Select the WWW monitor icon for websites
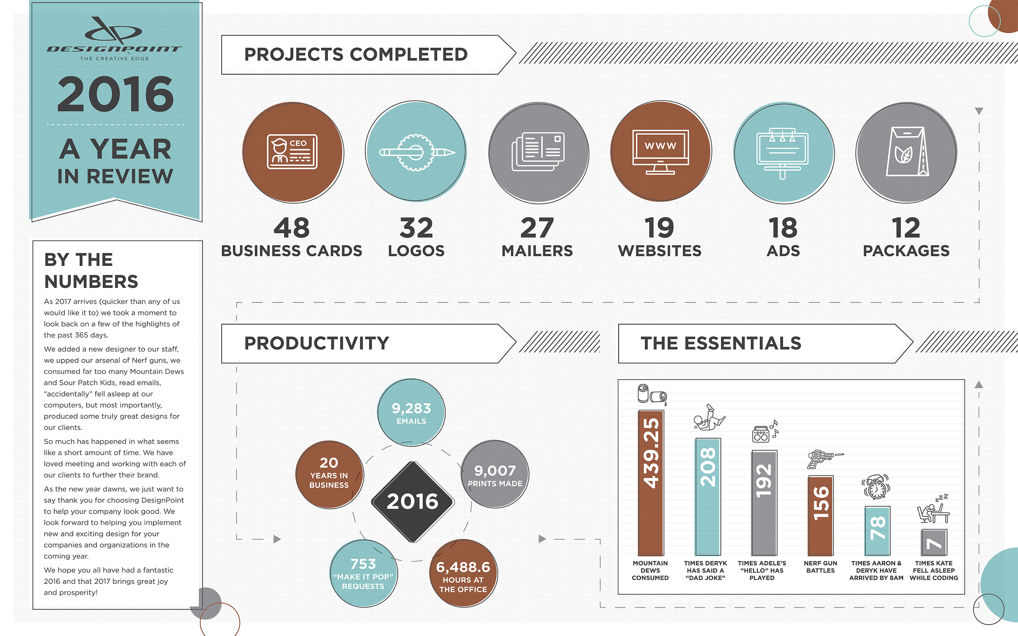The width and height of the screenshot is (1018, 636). point(660,151)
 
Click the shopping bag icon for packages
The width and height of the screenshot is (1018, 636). point(906,152)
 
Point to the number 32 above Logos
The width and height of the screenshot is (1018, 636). point(416,228)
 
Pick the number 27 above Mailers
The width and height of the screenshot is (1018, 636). point(537,228)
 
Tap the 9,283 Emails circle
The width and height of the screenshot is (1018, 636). point(411,413)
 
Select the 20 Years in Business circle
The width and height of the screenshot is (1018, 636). point(329,474)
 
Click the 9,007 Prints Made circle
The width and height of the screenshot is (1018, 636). point(495,474)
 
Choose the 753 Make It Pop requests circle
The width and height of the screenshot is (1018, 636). point(363,573)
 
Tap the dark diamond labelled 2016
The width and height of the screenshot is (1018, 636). point(413,502)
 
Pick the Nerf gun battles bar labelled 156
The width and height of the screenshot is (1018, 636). point(820,515)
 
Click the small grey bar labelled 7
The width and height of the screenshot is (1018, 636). point(934,543)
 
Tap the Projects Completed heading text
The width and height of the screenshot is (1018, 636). point(356,54)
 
